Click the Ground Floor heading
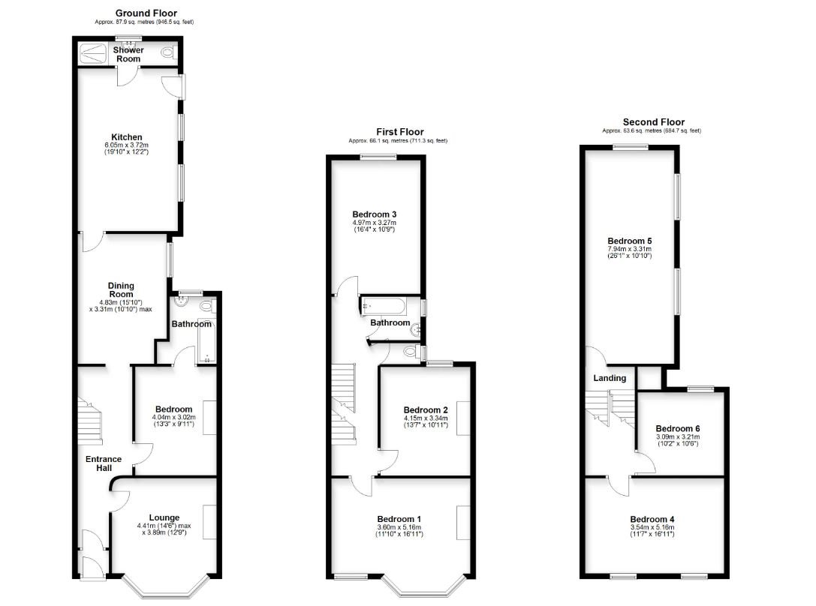146,13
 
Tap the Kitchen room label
126,137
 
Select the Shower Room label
128,54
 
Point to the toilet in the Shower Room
167,52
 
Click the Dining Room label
121,289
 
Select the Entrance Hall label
104,463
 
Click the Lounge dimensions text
164,529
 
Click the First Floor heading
399,132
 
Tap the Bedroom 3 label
374,214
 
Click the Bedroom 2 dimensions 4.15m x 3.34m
426,418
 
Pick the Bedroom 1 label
399,519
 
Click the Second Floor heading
654,122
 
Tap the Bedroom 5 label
630,241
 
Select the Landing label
610,378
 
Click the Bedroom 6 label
678,428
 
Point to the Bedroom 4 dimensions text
652,530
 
